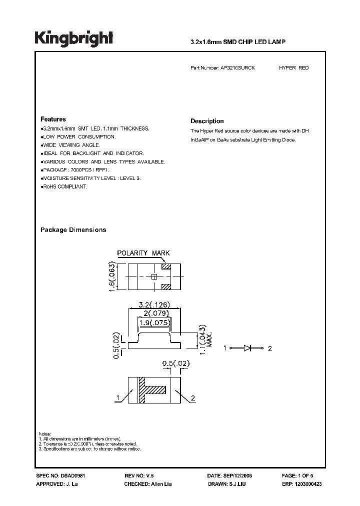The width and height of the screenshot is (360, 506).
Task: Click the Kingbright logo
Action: click(x=73, y=38)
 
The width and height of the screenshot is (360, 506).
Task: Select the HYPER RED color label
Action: click(x=293, y=67)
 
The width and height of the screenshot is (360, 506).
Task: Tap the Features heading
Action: click(x=53, y=119)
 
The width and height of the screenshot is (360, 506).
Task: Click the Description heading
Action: click(x=207, y=121)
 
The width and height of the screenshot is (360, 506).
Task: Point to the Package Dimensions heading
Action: click(x=73, y=230)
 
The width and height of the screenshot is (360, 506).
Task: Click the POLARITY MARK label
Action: click(x=143, y=253)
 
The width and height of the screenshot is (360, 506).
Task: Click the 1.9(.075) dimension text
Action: click(x=154, y=322)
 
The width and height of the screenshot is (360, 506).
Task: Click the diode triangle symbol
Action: click(x=247, y=348)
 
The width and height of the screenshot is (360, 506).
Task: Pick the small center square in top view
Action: click(x=154, y=276)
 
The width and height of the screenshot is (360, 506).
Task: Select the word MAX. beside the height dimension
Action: click(x=210, y=340)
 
